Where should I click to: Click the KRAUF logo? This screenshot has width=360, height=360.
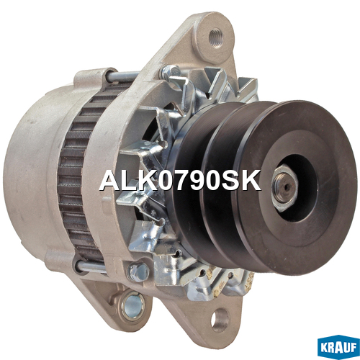[x=338, y=348]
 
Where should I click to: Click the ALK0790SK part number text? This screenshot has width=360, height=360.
[x=180, y=181]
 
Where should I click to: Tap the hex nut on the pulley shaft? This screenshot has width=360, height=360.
[x=285, y=188]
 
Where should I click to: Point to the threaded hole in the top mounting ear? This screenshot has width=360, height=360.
[x=216, y=37]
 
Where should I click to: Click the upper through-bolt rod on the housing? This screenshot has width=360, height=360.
[x=122, y=77]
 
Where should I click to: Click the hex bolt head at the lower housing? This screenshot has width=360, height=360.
[x=138, y=272]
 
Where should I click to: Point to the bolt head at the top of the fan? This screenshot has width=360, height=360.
[x=171, y=71]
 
